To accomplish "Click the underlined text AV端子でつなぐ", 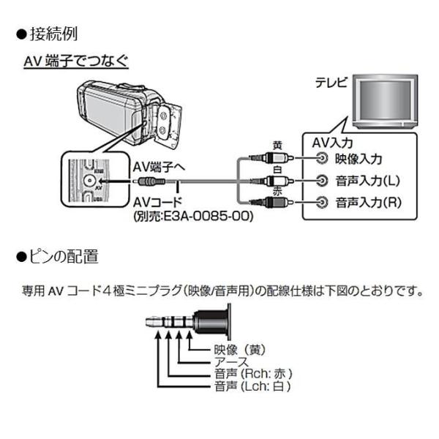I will click(x=77, y=63).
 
